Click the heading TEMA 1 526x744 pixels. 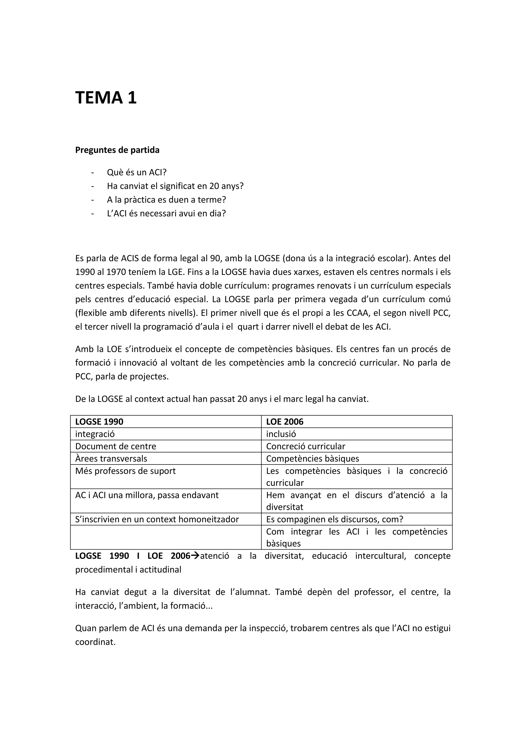click(x=106, y=98)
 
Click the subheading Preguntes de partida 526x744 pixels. click(x=117, y=150)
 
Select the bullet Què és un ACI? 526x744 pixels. click(x=136, y=172)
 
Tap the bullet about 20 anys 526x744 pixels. click(x=175, y=186)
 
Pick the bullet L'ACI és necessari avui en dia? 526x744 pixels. click(x=166, y=213)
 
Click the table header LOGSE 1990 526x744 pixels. click(x=99, y=422)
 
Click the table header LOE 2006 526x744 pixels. click(x=285, y=422)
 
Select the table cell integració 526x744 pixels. click(x=95, y=434)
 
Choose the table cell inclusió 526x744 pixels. click(x=281, y=434)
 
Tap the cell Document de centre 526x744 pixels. click(x=116, y=446)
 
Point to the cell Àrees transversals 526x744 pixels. click(x=111, y=459)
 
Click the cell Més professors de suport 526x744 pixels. click(x=125, y=471)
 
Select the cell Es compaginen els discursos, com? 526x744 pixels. click(x=335, y=519)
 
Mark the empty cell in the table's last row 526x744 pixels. click(x=165, y=537)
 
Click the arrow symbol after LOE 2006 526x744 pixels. click(x=195, y=556)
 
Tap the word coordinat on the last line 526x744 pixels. click(x=95, y=642)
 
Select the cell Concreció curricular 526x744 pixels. click(x=305, y=446)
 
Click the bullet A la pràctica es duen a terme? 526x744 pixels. click(x=166, y=200)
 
